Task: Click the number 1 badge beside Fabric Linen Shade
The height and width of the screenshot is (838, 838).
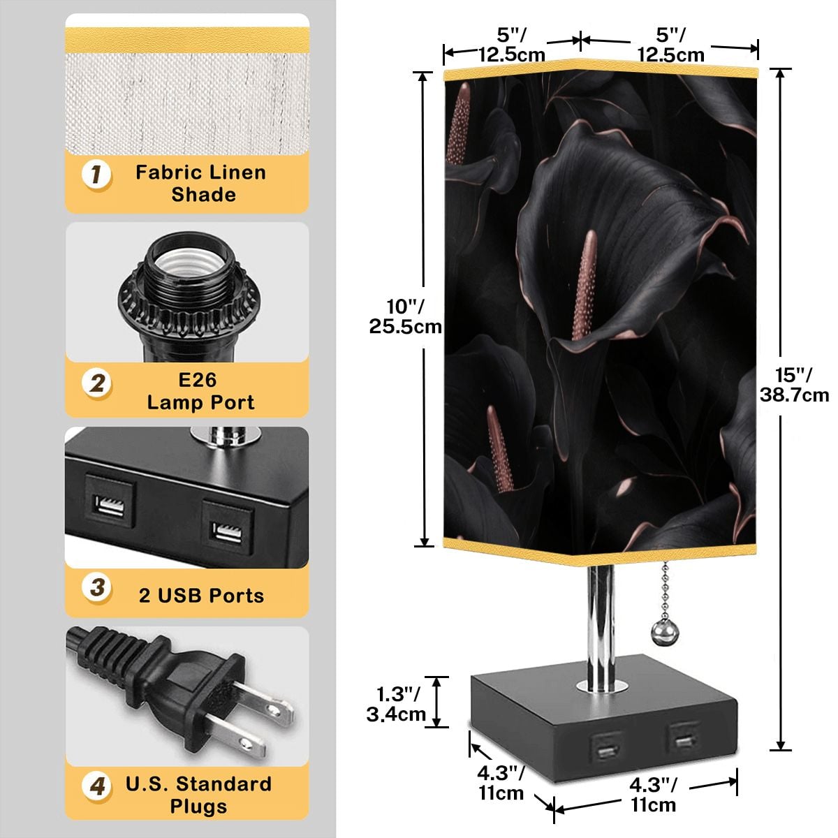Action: point(96,175)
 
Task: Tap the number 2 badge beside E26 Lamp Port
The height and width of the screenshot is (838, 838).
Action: point(96,383)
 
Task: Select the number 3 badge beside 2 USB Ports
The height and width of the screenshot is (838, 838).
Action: point(97,587)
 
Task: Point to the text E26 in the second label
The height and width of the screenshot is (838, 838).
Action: point(198,380)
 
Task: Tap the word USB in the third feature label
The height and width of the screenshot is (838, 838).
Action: point(179,596)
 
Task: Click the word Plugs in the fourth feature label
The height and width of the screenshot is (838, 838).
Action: point(199,806)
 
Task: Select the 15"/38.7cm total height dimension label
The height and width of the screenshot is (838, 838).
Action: point(794,384)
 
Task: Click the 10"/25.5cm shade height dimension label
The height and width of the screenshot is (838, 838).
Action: point(405,316)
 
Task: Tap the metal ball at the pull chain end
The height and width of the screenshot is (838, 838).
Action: point(665,630)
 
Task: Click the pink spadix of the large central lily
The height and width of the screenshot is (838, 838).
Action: point(585,286)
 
